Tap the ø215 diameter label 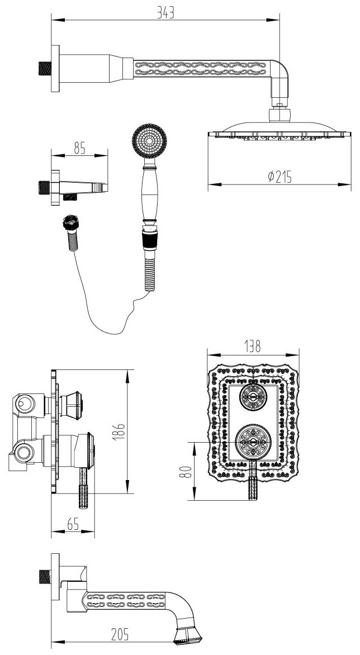[x=280, y=176]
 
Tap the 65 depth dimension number [x=72, y=523]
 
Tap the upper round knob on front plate [x=253, y=398]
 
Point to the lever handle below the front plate [x=253, y=485]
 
